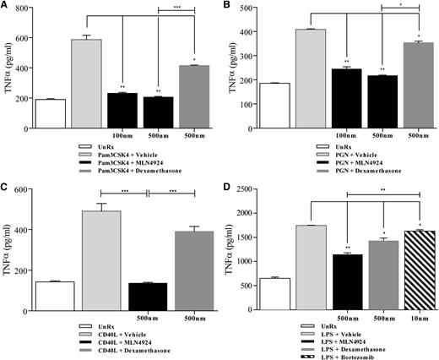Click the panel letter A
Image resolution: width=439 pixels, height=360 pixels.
[x=6, y=7]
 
